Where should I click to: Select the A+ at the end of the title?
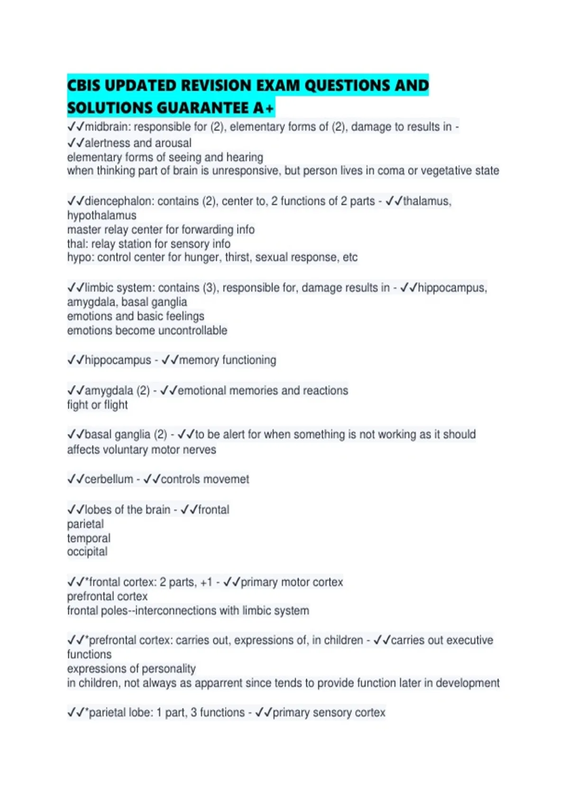[x=264, y=108]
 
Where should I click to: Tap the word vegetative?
[x=437, y=171]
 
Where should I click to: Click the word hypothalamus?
[x=101, y=216]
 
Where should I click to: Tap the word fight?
[x=77, y=405]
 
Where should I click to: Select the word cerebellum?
[x=109, y=479]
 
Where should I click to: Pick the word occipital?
[x=87, y=552]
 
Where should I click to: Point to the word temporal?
[x=89, y=538]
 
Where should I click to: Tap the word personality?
[x=168, y=669]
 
